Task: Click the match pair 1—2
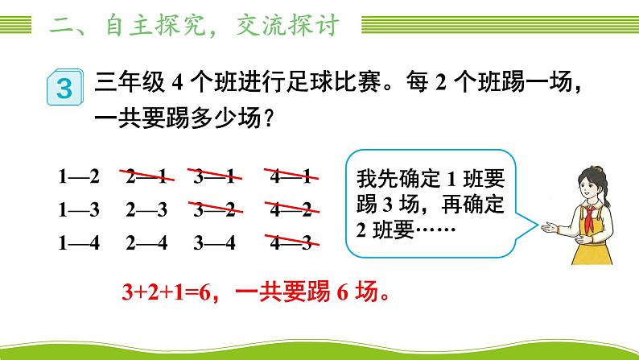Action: pyautogui.click(x=78, y=176)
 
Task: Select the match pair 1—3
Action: pyautogui.click(x=78, y=209)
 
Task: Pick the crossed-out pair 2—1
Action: pyautogui.click(x=146, y=176)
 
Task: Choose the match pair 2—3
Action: pyautogui.click(x=146, y=209)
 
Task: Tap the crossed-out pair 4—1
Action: pyautogui.click(x=291, y=176)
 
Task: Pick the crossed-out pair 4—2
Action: pyautogui.click(x=291, y=209)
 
